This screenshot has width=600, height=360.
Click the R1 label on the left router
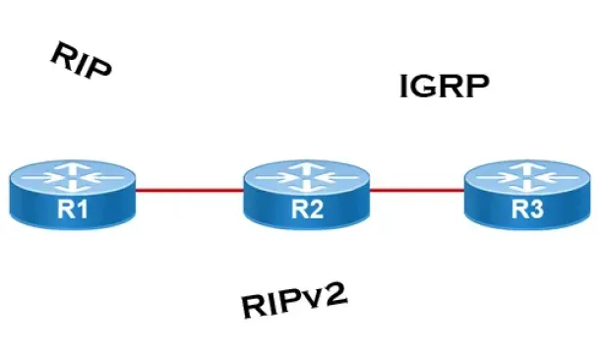[73, 210]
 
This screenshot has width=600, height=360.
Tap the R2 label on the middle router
[307, 210]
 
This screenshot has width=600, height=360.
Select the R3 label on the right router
[527, 210]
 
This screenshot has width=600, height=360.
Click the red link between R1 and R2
[190, 190]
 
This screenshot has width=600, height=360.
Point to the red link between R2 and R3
[417, 190]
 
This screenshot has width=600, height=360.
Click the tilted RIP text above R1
[81, 60]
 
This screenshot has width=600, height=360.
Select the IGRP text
[445, 87]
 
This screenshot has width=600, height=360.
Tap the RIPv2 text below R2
[295, 300]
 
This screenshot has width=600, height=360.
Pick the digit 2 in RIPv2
[335, 293]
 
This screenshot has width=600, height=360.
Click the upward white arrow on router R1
[73, 167]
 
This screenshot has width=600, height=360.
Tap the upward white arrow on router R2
[307, 167]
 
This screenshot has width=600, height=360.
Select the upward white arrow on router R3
[527, 167]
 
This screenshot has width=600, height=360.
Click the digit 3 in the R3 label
[536, 210]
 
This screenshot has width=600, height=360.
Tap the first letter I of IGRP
[402, 87]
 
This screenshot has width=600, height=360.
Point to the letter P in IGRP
[478, 87]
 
